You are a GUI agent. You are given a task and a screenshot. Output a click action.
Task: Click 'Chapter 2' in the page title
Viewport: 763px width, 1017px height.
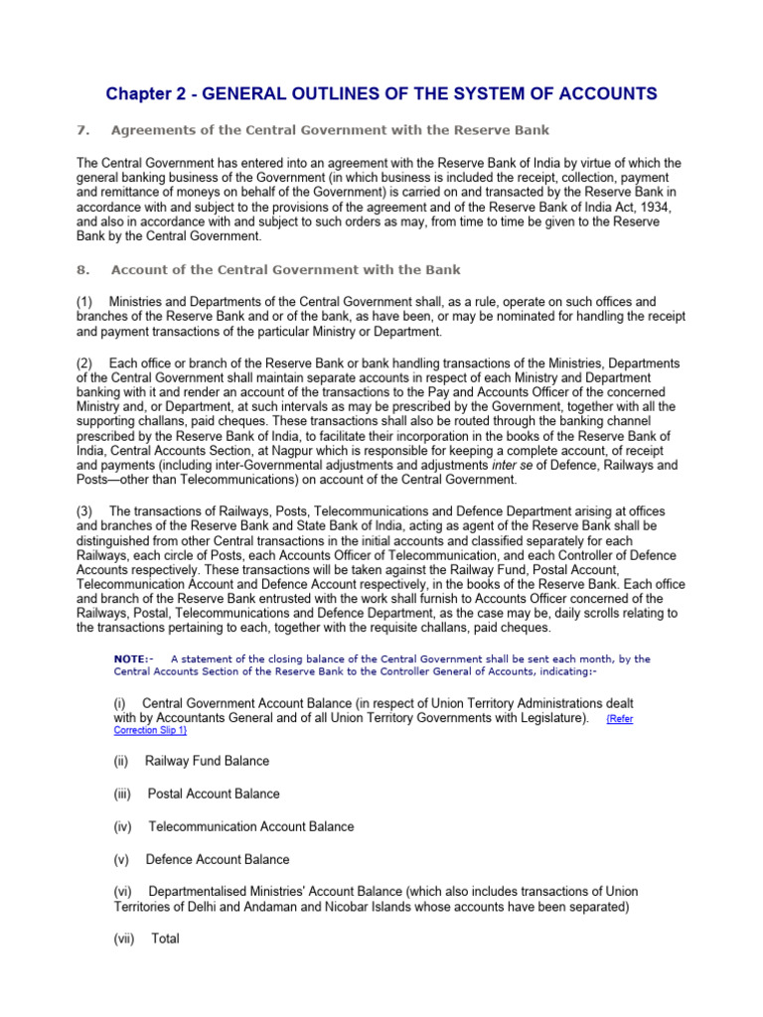[x=145, y=94]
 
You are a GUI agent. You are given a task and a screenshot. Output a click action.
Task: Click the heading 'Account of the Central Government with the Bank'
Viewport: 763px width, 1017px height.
[x=286, y=269]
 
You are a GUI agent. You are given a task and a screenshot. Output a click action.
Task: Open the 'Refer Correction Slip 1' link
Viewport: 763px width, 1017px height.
[x=619, y=718]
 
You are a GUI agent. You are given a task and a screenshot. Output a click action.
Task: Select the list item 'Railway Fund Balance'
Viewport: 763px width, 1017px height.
[x=207, y=761]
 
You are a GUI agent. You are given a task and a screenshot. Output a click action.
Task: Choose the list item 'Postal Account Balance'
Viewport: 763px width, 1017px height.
[x=214, y=794]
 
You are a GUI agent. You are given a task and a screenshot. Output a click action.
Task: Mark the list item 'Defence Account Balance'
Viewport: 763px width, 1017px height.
[x=218, y=859]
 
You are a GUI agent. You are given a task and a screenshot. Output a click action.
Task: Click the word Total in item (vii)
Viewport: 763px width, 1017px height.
[x=165, y=938]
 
